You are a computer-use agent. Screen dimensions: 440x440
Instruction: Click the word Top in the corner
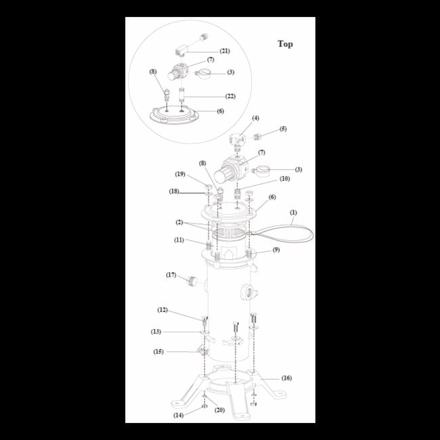coord(285,44)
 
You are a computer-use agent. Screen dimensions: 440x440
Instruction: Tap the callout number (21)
coord(225,51)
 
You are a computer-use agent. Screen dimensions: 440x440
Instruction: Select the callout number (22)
coord(230,96)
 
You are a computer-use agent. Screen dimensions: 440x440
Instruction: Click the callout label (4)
coord(256,118)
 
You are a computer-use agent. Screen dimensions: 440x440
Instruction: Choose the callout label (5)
coord(283,129)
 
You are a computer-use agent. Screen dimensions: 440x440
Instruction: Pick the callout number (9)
coord(276,250)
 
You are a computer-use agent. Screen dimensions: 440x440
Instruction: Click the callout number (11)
coord(179,240)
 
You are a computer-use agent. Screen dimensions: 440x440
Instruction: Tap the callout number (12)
coord(162,310)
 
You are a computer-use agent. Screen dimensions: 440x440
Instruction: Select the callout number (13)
coord(156,332)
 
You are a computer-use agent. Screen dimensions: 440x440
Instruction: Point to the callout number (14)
coord(179,415)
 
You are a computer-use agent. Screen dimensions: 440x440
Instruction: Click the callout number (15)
coord(158,351)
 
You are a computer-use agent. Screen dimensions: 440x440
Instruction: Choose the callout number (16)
coord(286,378)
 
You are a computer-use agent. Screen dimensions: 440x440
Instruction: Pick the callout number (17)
coord(171,275)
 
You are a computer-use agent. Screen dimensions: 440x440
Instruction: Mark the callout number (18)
coord(175,192)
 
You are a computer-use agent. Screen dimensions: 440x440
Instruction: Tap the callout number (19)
coord(180,174)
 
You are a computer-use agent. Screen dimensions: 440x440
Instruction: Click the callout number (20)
coord(219,410)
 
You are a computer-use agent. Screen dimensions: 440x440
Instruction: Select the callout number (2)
coord(179,221)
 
